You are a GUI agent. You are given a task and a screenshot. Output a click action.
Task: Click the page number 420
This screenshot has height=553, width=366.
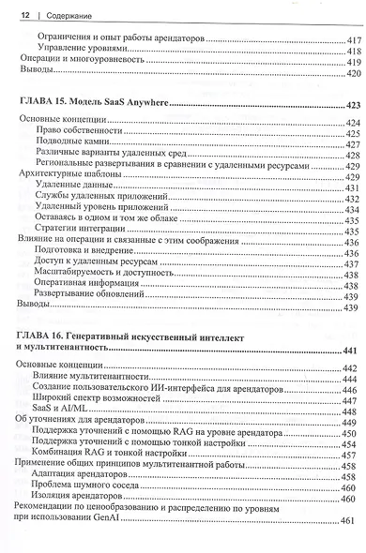(353, 72)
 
